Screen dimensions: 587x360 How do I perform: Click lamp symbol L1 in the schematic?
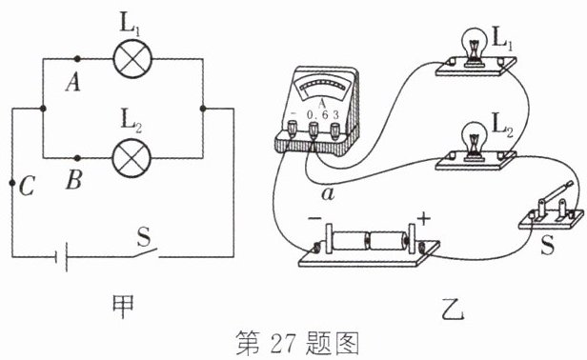tap(132, 59)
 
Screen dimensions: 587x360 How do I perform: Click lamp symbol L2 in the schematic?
tap(132, 157)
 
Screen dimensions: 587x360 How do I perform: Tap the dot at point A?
tap(77, 59)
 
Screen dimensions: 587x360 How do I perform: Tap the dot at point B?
tap(77, 158)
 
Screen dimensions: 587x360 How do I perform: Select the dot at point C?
tap(12, 183)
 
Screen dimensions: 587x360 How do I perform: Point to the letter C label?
tap(28, 186)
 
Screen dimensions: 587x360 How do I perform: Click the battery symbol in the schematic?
tap(61, 257)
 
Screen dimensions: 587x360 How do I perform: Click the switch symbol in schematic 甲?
tap(144, 253)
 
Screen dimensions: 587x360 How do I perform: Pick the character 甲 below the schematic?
tap(123, 307)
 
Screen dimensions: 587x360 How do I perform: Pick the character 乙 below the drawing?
tap(453, 309)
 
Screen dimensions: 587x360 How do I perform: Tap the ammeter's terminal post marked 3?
tap(335, 130)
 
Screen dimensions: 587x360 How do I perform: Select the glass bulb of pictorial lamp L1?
tap(475, 41)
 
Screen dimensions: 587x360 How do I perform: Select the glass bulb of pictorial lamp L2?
tap(475, 137)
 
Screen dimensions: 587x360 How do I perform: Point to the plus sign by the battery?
tap(423, 218)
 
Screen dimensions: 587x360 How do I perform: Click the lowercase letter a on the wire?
tap(328, 194)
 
